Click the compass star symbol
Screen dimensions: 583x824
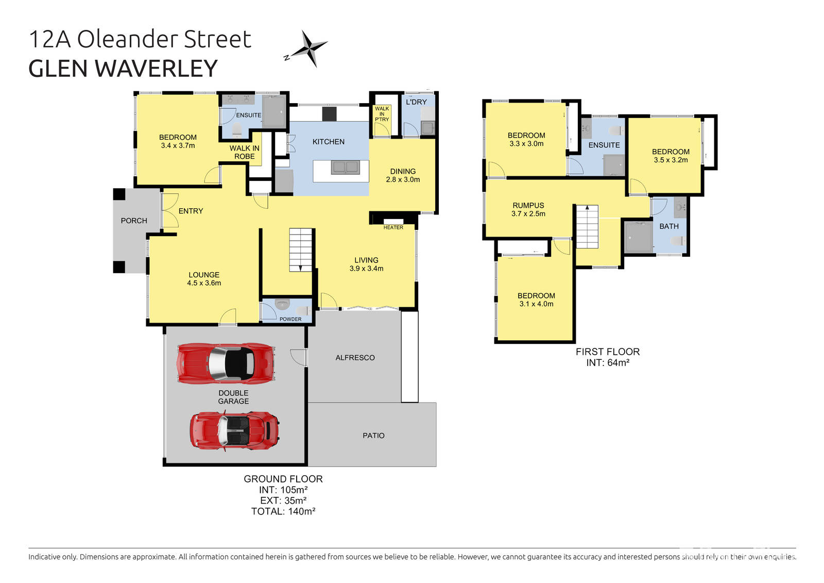[x=309, y=48]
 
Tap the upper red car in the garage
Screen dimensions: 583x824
[x=226, y=363]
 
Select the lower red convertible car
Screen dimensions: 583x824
[x=235, y=430]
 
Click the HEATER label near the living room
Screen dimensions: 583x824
[x=393, y=227]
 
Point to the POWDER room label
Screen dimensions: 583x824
[x=290, y=319]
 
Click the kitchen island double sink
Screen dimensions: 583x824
[x=345, y=167]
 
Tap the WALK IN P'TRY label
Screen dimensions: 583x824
[x=382, y=114]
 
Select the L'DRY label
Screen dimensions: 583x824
[x=416, y=102]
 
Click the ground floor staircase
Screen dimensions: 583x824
[x=301, y=249]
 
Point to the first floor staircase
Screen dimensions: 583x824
[x=587, y=226]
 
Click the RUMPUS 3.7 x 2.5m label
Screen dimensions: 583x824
[x=528, y=209]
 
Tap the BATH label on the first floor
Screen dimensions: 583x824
[x=668, y=226]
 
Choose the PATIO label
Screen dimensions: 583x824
[x=373, y=436]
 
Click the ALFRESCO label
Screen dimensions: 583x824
[x=355, y=358]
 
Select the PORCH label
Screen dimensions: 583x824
[x=134, y=221]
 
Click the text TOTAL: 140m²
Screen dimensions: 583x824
[x=283, y=511]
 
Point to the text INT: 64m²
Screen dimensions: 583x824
[x=608, y=362]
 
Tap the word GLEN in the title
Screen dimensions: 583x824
[x=58, y=69]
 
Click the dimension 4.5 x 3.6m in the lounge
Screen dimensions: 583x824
[x=204, y=283]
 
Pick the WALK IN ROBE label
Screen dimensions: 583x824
[x=245, y=152]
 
